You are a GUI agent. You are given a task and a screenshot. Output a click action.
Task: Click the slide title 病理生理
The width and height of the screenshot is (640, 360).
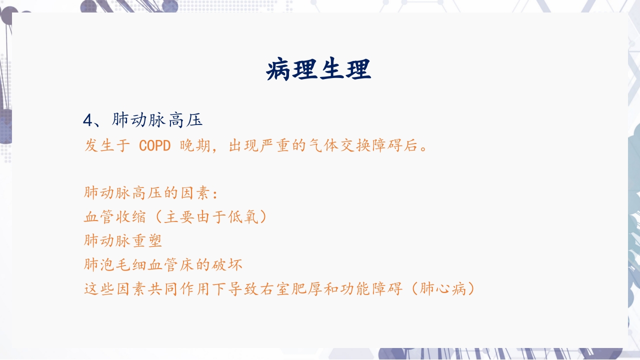click(318, 69)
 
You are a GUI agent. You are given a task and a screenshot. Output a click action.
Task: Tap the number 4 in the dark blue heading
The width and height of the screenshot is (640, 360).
click(87, 120)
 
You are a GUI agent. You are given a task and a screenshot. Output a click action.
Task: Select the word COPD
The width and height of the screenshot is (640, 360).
click(155, 146)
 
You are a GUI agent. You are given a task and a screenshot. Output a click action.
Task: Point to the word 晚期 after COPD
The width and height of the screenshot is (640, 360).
click(194, 146)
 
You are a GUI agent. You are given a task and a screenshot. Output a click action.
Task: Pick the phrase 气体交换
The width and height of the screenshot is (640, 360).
click(337, 146)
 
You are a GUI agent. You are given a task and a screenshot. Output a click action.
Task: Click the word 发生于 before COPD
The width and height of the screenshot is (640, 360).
click(107, 146)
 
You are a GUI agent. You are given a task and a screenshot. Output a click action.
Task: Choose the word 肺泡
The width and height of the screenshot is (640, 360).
click(99, 264)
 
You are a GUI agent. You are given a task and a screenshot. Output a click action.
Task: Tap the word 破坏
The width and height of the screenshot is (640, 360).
click(226, 264)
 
